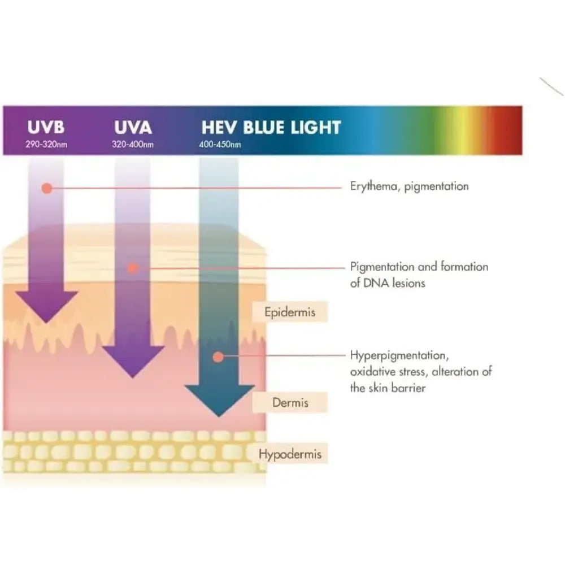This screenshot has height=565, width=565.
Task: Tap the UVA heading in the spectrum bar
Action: pos(131,127)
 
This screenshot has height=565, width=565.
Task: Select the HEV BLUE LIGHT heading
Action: pos(271,127)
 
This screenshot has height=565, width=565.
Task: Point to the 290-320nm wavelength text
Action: pos(46,145)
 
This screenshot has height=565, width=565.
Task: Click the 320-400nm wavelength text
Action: pos(133,145)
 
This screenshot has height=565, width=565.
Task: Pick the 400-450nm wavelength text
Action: pos(220,145)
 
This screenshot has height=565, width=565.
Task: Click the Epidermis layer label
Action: pos(290,311)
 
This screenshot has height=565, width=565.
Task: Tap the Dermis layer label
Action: pos(290,403)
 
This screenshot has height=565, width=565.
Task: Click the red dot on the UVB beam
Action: pos(47,188)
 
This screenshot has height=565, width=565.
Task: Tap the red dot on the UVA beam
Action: pos(132,268)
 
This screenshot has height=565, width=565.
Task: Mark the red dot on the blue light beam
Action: pos(216,357)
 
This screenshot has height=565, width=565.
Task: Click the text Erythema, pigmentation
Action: pos(409,186)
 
